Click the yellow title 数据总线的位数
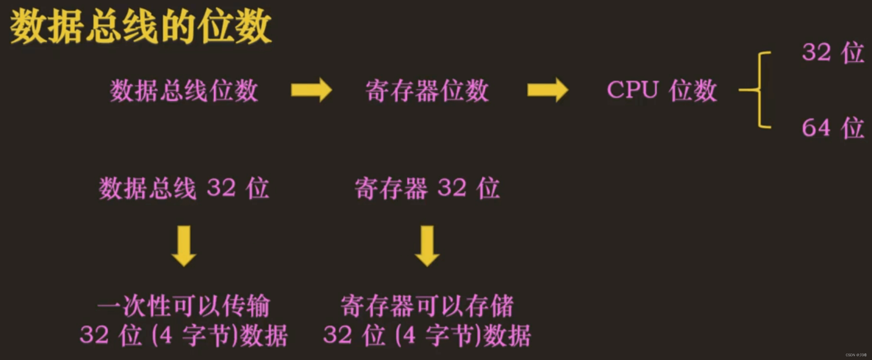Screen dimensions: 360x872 pyautogui.click(x=141, y=26)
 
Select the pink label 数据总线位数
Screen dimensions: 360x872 pyautogui.click(x=184, y=91)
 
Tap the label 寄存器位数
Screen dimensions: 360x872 pyautogui.click(x=427, y=91)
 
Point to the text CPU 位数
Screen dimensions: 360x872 pyautogui.click(x=662, y=90)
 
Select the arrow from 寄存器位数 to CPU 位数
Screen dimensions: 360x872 pyautogui.click(x=548, y=90)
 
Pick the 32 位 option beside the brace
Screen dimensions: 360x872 pyautogui.click(x=833, y=52)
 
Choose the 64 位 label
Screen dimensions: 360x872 pyautogui.click(x=833, y=128)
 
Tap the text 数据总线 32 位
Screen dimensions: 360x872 pyautogui.click(x=184, y=188)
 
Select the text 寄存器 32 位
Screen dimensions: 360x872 pyautogui.click(x=427, y=188)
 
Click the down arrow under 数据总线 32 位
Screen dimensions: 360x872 pyautogui.click(x=184, y=246)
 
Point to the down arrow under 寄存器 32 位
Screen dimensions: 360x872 pyautogui.click(x=427, y=246)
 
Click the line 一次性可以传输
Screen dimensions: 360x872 pyautogui.click(x=184, y=306)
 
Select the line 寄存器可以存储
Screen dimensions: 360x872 pyautogui.click(x=427, y=306)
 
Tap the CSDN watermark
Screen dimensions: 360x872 pyautogui.click(x=856, y=355)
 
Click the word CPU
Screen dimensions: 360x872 pyautogui.click(x=633, y=90)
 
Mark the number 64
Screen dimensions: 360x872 pyautogui.click(x=816, y=128)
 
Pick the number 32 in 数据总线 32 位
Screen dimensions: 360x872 pyautogui.click(x=221, y=188)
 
